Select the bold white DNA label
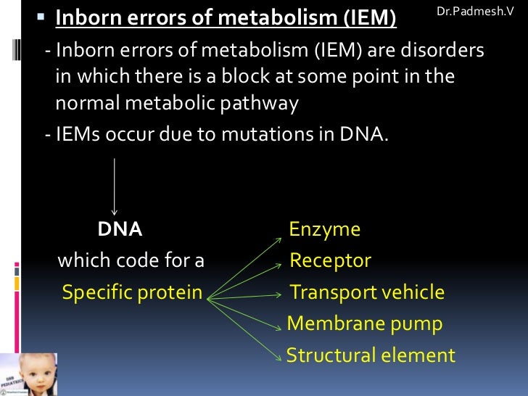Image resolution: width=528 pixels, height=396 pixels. [x=120, y=230]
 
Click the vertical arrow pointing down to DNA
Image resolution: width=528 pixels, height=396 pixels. [x=114, y=185]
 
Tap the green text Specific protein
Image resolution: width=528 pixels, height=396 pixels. [x=132, y=292]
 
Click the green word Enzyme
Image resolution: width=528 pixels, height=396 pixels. [x=324, y=230]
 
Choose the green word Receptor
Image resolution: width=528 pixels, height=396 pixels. [x=330, y=261]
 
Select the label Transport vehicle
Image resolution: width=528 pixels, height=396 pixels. [x=367, y=292]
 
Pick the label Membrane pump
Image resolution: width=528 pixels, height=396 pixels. [x=365, y=324]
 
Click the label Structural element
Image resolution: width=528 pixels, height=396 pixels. [x=371, y=356]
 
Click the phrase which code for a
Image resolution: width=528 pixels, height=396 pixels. [x=131, y=261]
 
